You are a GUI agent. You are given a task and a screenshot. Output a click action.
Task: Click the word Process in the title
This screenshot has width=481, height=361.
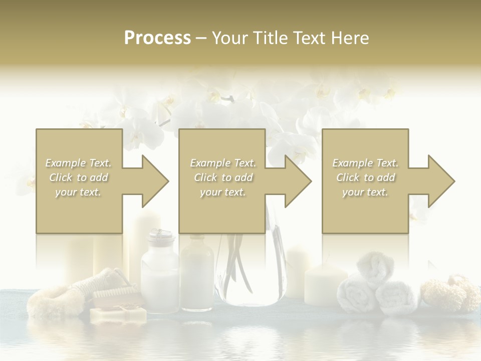pos(157,38)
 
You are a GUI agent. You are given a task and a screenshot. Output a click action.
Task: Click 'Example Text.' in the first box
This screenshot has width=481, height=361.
pos(78,163)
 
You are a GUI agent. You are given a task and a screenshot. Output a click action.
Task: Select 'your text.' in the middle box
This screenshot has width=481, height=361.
pos(222,192)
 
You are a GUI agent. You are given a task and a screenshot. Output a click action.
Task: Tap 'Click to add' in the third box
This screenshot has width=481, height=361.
pos(365,177)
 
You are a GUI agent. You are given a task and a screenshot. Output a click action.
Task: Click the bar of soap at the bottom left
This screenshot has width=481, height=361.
pos(118,314)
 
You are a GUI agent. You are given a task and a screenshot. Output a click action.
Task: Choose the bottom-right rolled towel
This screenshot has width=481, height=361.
pos(396,298)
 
